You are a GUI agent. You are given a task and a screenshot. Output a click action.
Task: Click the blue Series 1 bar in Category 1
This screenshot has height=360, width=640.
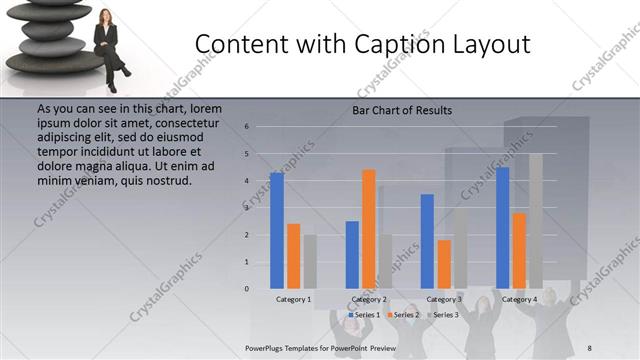click(277, 230)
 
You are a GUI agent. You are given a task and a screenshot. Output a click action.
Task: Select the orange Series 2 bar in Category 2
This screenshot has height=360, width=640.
click(368, 228)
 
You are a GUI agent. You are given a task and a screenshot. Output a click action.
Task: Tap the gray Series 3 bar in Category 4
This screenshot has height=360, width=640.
click(535, 220)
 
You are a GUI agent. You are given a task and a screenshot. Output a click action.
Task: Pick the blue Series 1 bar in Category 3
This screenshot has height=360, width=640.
click(427, 240)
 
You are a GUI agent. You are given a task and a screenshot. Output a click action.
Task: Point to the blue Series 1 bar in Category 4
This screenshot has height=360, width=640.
click(502, 227)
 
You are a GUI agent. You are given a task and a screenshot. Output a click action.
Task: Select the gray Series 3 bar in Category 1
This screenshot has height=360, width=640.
click(309, 261)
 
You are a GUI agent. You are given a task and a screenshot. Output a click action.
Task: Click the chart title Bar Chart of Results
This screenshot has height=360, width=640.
click(401, 110)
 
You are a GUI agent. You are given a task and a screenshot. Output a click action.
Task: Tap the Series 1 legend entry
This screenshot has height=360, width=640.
click(365, 315)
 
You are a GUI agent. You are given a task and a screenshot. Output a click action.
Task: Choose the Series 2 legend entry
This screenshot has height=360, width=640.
click(403, 315)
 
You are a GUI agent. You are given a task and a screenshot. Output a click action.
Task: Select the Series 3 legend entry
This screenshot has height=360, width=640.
click(441, 315)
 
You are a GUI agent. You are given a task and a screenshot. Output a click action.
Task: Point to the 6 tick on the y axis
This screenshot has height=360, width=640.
click(246, 127)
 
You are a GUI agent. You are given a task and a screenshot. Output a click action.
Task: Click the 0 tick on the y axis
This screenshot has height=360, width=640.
click(246, 289)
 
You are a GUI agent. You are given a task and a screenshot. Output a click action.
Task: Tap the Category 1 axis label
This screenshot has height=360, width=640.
click(293, 299)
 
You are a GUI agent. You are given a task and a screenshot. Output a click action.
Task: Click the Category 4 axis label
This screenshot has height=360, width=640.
click(519, 299)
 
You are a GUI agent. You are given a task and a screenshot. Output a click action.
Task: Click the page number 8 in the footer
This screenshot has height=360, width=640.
click(590, 347)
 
